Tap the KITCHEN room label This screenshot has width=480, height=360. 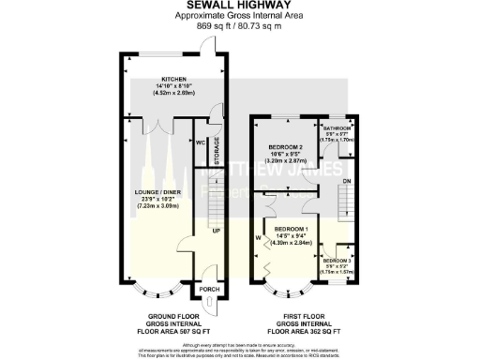click(x=173, y=79)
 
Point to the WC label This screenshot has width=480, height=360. click(x=200, y=142)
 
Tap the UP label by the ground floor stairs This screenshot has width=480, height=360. click(x=215, y=230)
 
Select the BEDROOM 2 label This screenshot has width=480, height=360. click(x=285, y=148)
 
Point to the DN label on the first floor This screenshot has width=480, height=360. click(x=346, y=181)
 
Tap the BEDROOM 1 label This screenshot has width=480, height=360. click(x=291, y=229)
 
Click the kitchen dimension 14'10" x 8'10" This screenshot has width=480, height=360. click(x=173, y=86)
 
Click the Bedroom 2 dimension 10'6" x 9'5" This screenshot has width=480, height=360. click(x=285, y=156)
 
